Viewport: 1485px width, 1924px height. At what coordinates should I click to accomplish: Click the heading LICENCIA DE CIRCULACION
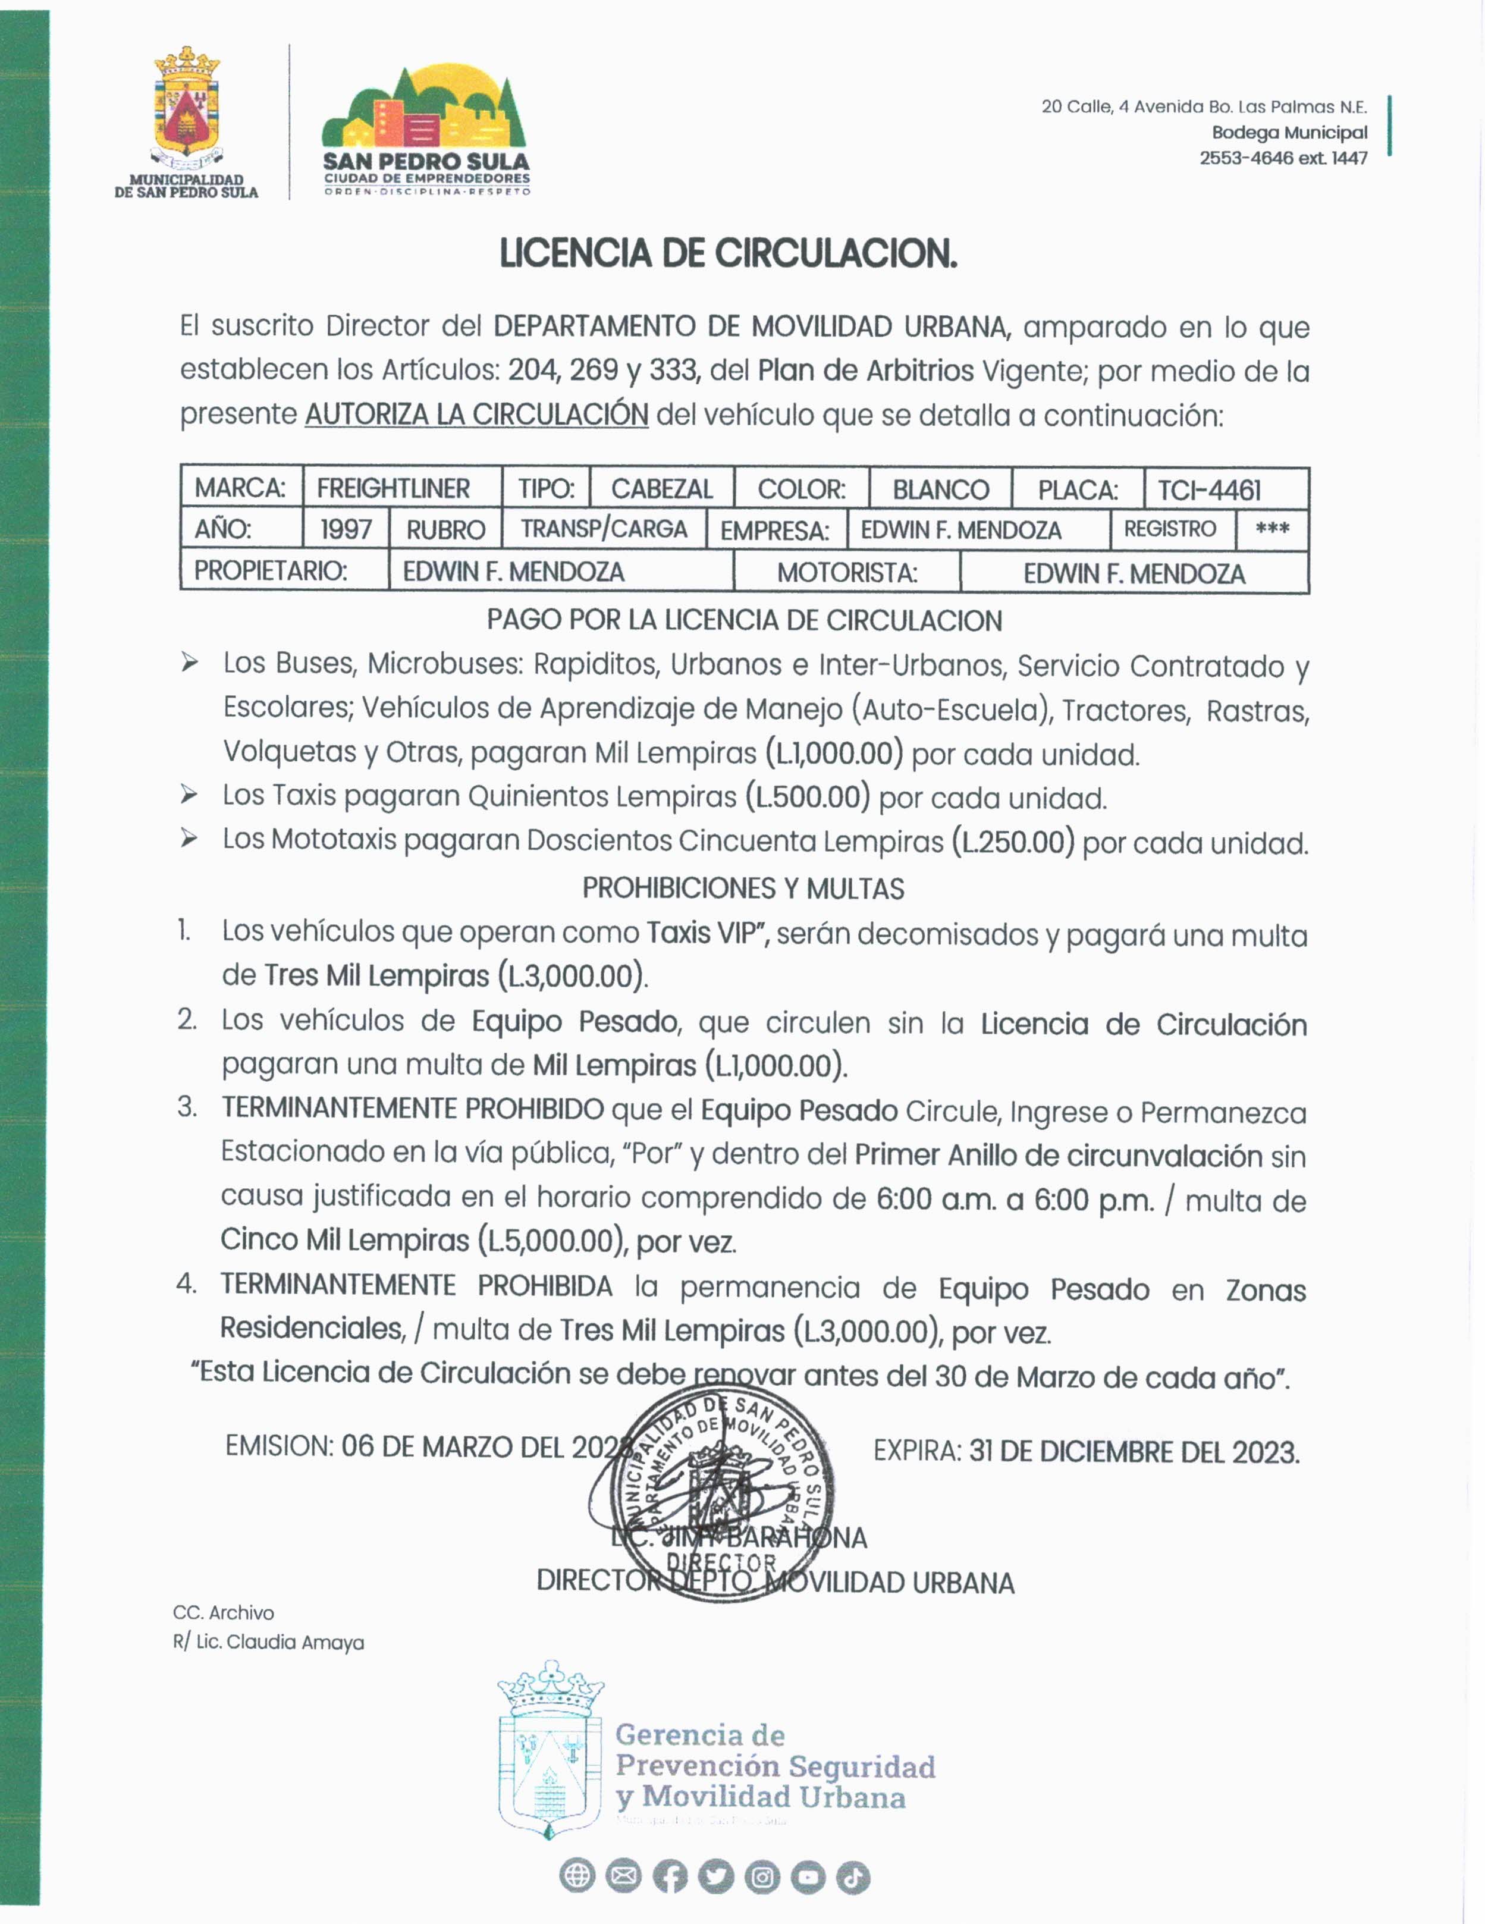727,254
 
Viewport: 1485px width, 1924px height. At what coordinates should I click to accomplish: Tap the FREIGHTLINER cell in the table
393,488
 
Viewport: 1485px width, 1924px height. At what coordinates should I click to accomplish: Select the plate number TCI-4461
1209,490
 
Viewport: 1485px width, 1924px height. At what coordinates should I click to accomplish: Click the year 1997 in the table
346,529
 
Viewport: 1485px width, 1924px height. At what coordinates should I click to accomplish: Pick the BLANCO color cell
941,490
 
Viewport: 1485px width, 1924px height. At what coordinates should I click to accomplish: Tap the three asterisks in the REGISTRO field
1272,529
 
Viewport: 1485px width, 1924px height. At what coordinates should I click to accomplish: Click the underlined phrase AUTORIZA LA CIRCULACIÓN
476,414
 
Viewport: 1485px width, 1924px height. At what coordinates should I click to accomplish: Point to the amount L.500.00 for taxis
808,798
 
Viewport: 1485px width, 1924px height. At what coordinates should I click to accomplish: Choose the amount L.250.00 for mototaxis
1013,842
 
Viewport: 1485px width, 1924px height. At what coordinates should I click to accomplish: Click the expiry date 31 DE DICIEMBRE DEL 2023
1134,1452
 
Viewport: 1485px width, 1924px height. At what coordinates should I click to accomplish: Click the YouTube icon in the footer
808,1877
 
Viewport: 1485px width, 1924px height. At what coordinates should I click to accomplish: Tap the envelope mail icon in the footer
624,1877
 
